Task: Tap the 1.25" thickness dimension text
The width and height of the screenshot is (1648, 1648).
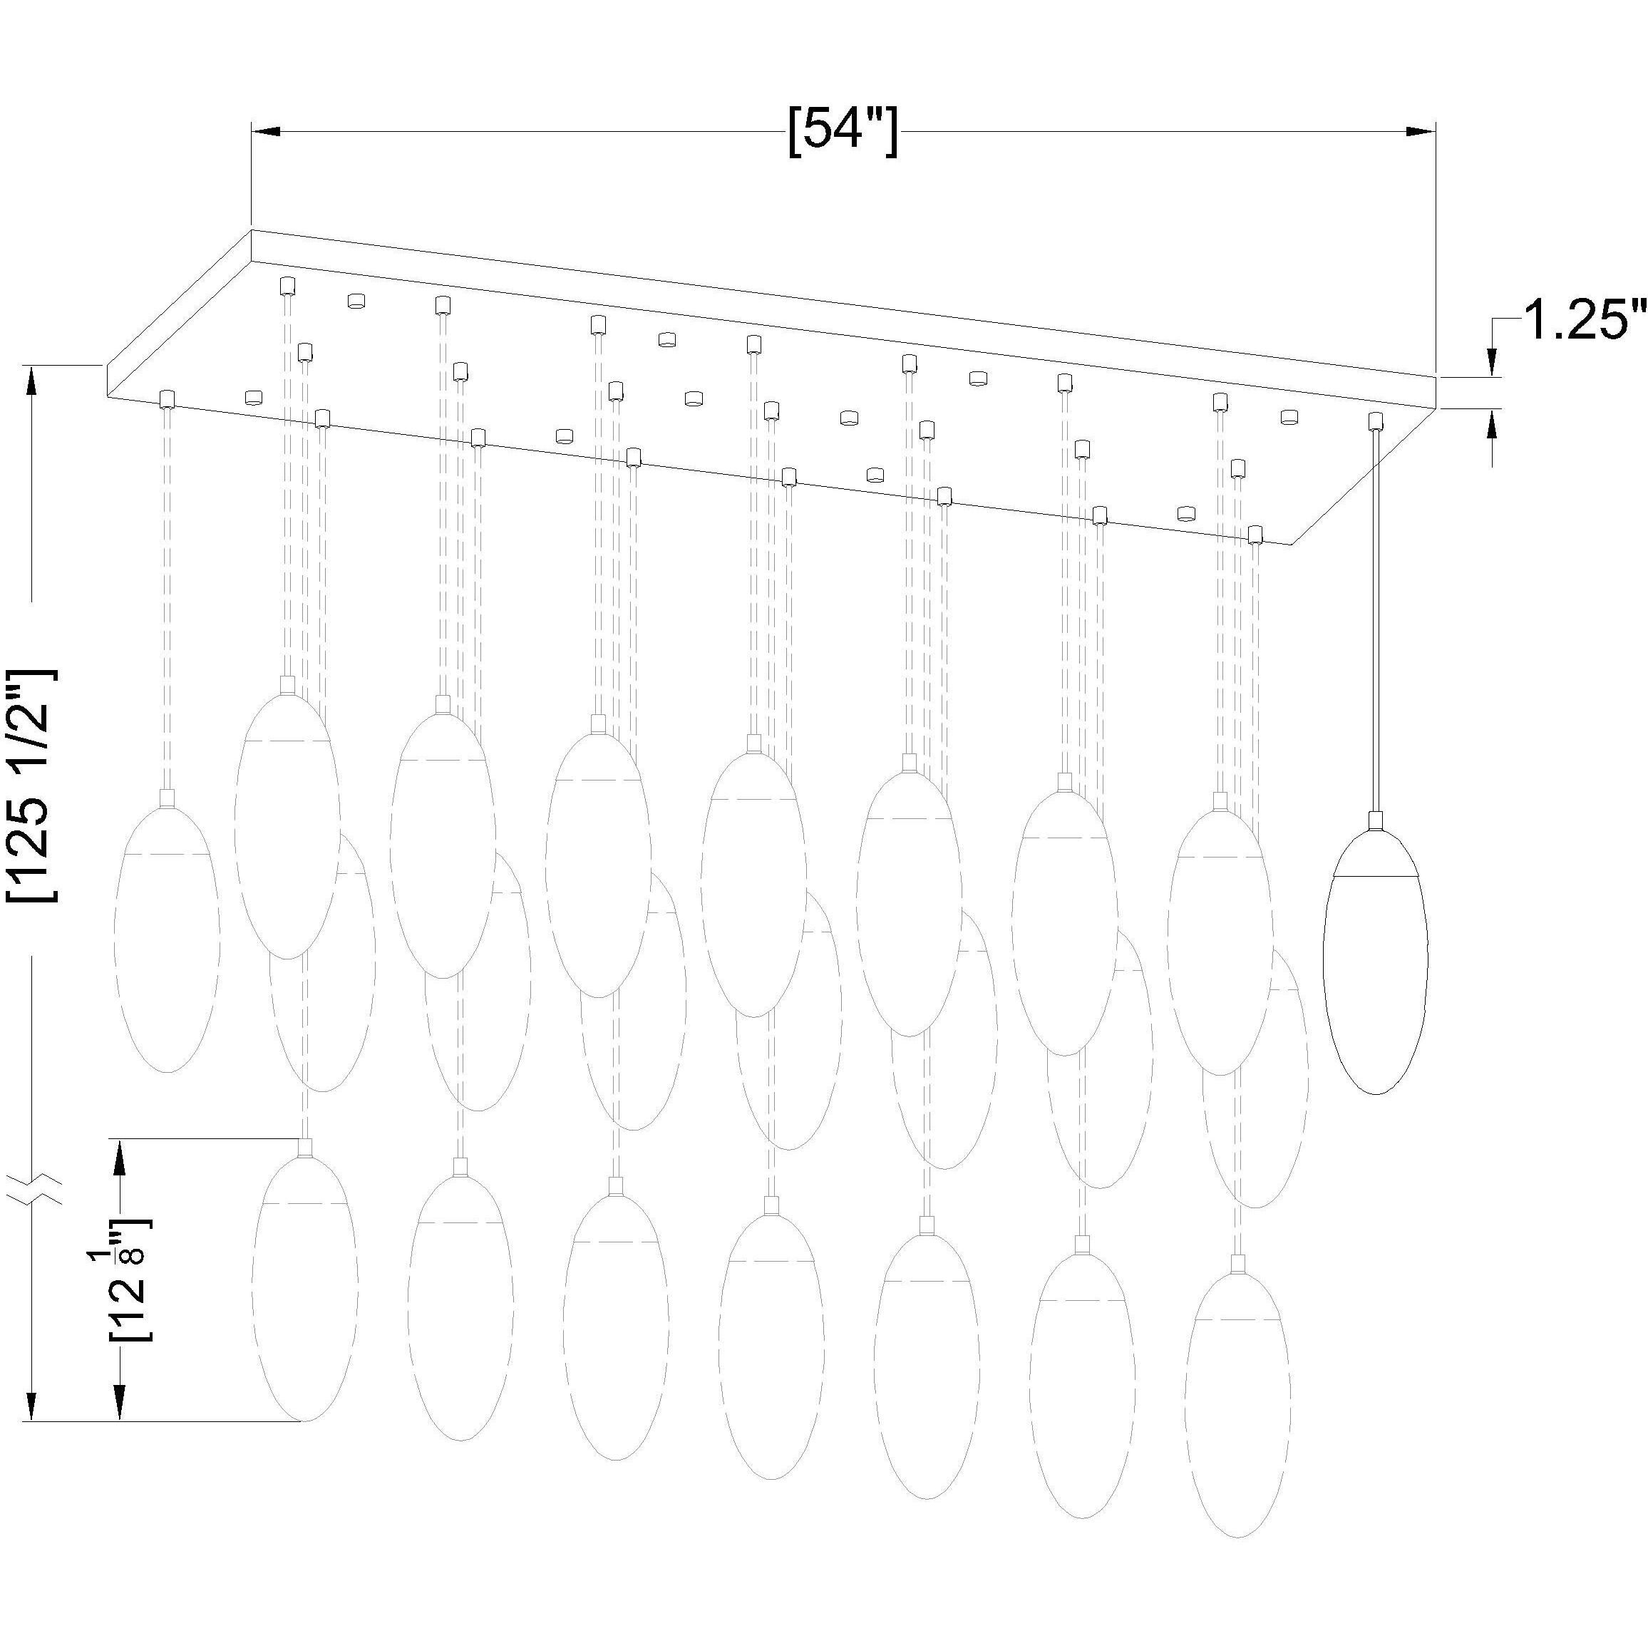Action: [1583, 322]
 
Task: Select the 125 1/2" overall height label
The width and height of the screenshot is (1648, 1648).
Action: [31, 785]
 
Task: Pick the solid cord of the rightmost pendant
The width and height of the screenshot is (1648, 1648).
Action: [1374, 621]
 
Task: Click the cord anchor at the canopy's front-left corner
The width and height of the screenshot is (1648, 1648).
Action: [168, 399]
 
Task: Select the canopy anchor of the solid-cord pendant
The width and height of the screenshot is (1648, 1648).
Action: [1374, 421]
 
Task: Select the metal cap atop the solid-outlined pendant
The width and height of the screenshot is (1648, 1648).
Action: [1374, 821]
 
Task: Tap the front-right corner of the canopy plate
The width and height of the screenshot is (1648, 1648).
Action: [1291, 544]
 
